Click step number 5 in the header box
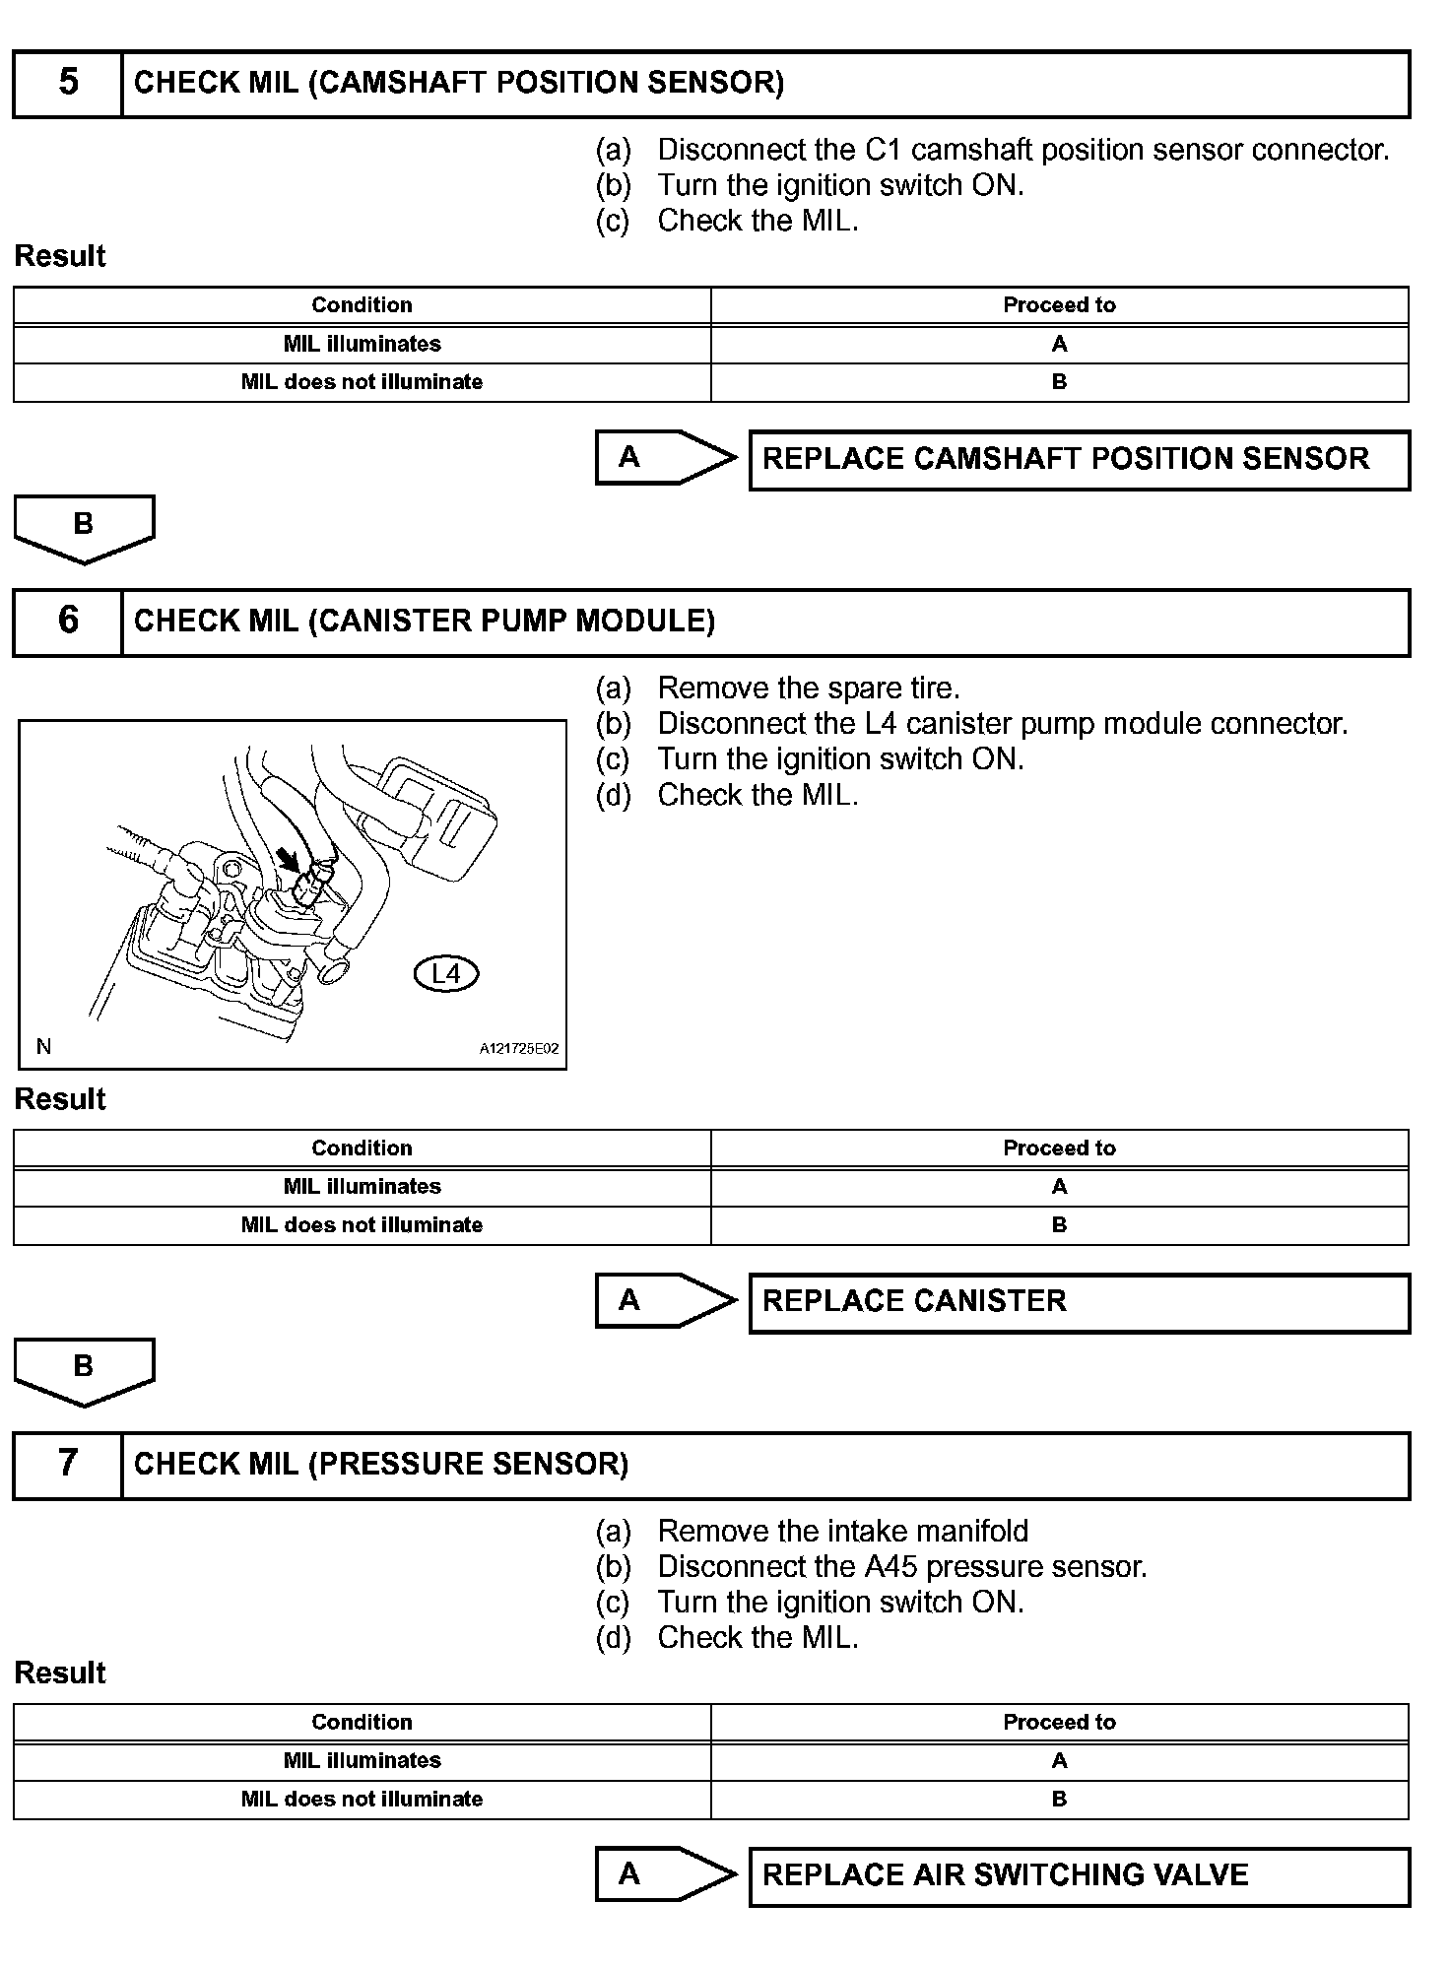pos(68,83)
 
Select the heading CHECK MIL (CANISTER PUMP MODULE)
pos(424,622)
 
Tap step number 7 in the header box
pos(68,1464)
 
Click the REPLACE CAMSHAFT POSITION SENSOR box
pos(1079,460)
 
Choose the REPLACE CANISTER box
pos(1079,1302)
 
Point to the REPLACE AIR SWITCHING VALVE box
pos(1079,1875)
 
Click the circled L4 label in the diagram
pos(446,974)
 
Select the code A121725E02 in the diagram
pos(519,1049)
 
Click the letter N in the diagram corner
pos(43,1047)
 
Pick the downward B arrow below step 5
pos(84,528)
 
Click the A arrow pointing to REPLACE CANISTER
pos(665,1300)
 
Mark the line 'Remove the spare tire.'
pos(808,689)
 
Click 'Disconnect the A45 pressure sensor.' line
pos(901,1567)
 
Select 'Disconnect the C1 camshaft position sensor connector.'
pos(1022,151)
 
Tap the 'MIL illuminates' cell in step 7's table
pos(362,1760)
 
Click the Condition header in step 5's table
pos(362,305)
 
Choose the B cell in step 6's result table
pos(1059,1225)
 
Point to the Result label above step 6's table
pos(60,1099)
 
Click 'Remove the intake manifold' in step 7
pos(842,1532)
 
